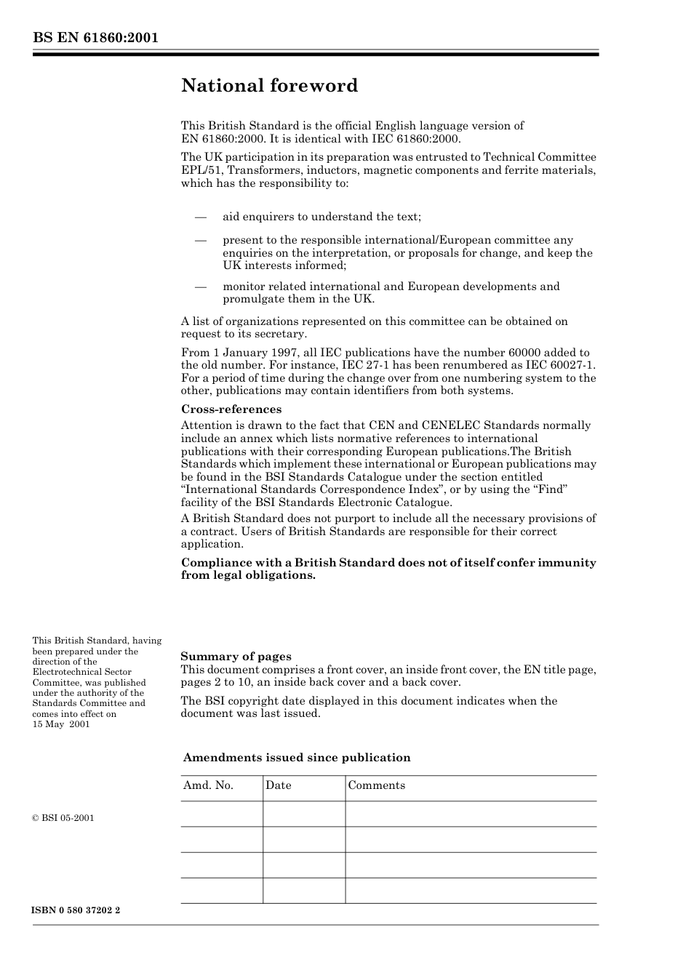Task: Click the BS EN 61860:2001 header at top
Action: [x=95, y=38]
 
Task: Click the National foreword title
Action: [x=269, y=86]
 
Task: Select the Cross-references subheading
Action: [x=231, y=409]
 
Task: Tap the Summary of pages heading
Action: [x=236, y=657]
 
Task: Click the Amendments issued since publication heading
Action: [x=296, y=758]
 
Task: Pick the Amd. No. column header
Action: [x=208, y=785]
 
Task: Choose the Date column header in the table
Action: [x=278, y=785]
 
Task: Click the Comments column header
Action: [x=376, y=785]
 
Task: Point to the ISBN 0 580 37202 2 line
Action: [x=76, y=910]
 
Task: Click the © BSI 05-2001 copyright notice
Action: [x=63, y=818]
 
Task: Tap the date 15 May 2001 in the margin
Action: [x=61, y=724]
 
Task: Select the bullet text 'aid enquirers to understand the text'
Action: [x=321, y=217]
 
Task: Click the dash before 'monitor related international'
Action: [x=201, y=286]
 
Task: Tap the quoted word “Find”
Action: [x=551, y=489]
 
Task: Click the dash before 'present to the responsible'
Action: [x=201, y=240]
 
